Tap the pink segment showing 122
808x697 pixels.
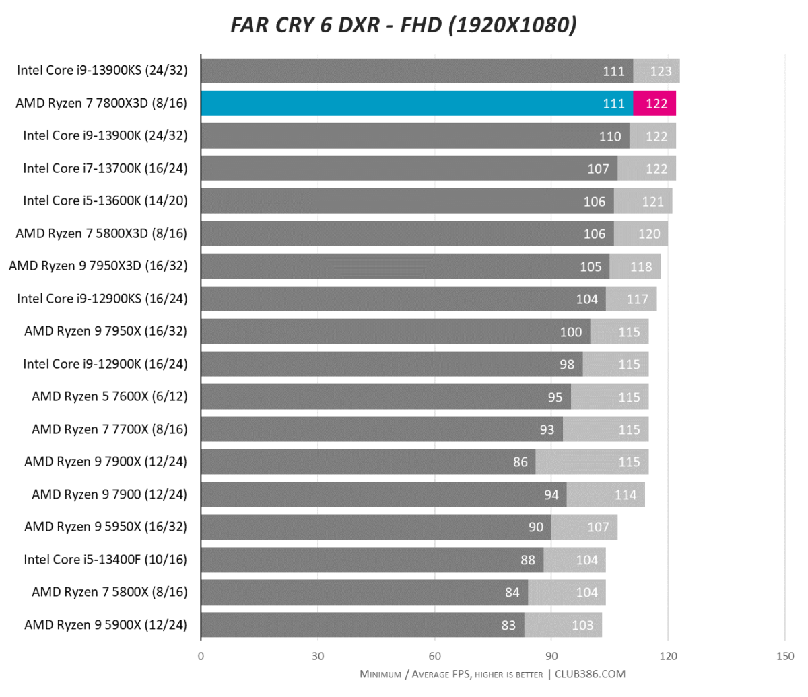tap(654, 103)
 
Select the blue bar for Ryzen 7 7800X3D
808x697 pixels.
tap(417, 103)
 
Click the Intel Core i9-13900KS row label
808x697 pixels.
tap(102, 71)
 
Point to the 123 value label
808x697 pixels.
tap(661, 71)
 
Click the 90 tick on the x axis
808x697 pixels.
tap(551, 656)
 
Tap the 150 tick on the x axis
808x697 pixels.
tap(785, 656)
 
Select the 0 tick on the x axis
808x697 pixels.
tap(201, 656)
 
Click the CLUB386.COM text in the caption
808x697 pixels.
tap(591, 674)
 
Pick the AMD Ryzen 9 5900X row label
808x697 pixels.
tap(106, 625)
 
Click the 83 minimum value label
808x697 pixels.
tap(508, 625)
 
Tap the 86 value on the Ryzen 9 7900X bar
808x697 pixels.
tap(520, 462)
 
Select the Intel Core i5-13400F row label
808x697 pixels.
tap(106, 560)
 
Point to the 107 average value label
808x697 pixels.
tap(598, 527)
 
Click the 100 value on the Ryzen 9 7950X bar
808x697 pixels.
tap(571, 332)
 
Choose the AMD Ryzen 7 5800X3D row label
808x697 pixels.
tap(102, 233)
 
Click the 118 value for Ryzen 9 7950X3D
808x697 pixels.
tap(641, 266)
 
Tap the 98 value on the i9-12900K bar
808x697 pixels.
tap(567, 364)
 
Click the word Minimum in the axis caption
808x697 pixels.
tap(380, 674)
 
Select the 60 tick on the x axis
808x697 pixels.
tap(435, 656)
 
